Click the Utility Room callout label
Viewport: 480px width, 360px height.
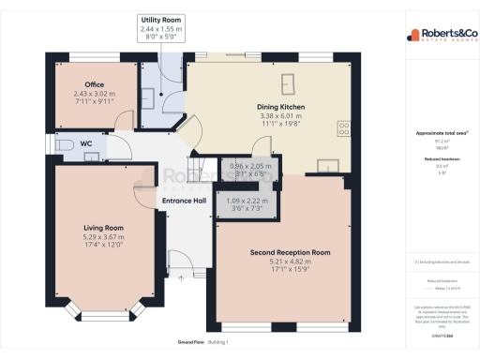[x=160, y=19]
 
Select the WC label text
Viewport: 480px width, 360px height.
[x=85, y=143]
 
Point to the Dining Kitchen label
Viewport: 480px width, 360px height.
[x=281, y=107]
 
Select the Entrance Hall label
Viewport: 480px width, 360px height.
[x=184, y=200]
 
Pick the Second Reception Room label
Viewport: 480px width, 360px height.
[x=290, y=253]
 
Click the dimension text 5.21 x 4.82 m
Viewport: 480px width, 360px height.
[x=290, y=262]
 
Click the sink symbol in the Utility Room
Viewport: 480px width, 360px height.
[x=149, y=97]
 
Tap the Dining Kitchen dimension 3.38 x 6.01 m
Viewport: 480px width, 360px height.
[x=281, y=117]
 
